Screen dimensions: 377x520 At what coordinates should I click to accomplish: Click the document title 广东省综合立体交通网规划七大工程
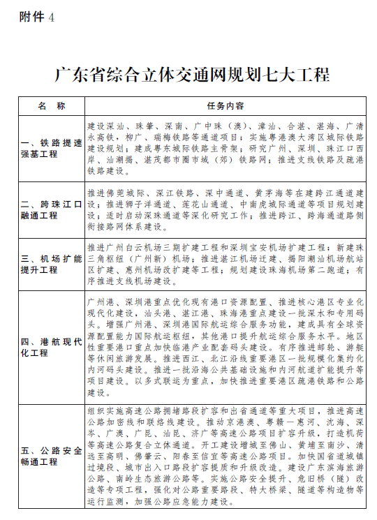point(191,75)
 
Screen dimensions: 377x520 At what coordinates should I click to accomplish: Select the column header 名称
point(52,106)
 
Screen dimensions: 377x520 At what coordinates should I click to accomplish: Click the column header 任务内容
point(226,106)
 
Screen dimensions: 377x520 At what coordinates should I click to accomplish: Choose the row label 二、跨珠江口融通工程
point(52,209)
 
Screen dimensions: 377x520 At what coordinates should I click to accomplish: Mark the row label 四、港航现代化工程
point(52,347)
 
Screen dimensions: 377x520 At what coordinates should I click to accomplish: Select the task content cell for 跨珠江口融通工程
point(226,209)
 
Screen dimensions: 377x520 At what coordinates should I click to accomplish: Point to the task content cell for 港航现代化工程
point(226,347)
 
